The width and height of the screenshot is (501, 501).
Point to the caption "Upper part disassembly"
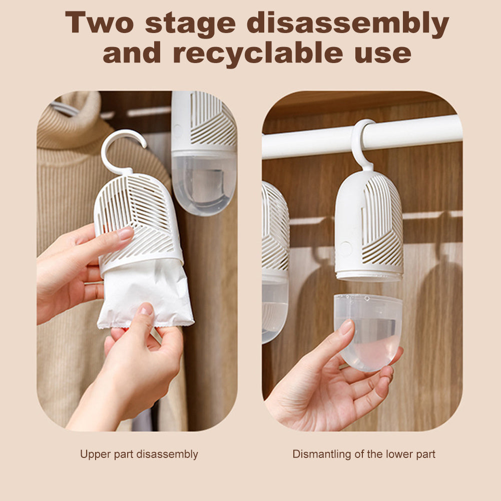[x=139, y=454]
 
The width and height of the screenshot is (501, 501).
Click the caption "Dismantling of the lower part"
[x=364, y=454]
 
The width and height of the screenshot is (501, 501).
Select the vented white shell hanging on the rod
[x=369, y=225]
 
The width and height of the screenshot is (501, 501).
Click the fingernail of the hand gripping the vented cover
[x=125, y=233]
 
